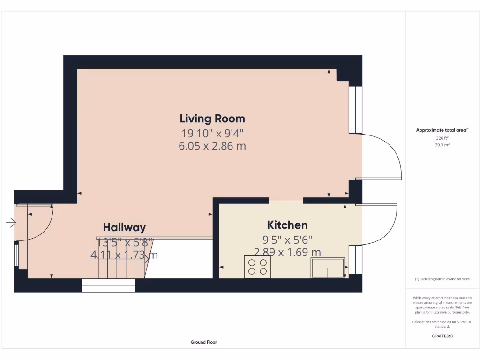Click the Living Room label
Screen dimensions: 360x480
[x=212, y=118]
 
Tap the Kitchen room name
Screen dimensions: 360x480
[x=287, y=225]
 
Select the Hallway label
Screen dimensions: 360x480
[x=124, y=227]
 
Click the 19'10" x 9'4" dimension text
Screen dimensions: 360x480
[x=212, y=133]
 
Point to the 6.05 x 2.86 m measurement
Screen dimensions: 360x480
[x=212, y=146]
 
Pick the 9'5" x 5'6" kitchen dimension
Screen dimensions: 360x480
[x=287, y=240]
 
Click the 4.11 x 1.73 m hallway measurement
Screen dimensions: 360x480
[x=124, y=255]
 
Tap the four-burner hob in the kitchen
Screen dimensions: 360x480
[x=257, y=267]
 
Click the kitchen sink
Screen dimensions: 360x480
[x=328, y=267]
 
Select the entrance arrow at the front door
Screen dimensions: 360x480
[x=11, y=223]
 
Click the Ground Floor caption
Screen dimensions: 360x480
[x=203, y=342]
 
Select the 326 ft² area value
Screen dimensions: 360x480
[x=442, y=138]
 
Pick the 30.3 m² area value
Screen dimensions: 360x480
[x=442, y=145]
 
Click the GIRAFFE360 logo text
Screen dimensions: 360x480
[x=442, y=336]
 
